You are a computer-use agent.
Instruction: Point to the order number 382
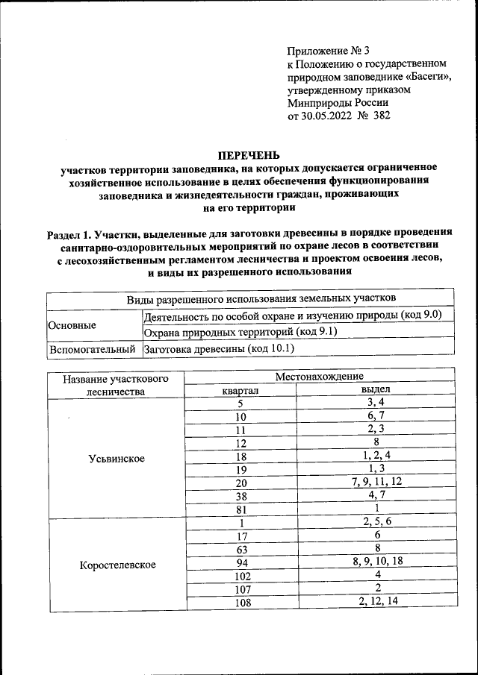(x=381, y=116)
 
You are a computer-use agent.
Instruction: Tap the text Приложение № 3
(x=329, y=51)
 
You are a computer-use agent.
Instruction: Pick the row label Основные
(x=72, y=326)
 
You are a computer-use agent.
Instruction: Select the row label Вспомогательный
(x=92, y=348)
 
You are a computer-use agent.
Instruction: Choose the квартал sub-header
(x=240, y=390)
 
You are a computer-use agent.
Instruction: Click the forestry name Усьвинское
(x=116, y=458)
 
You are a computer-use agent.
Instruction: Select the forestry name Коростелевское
(x=117, y=565)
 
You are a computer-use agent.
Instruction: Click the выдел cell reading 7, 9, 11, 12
(x=376, y=482)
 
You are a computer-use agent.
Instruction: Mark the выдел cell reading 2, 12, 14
(x=376, y=601)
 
